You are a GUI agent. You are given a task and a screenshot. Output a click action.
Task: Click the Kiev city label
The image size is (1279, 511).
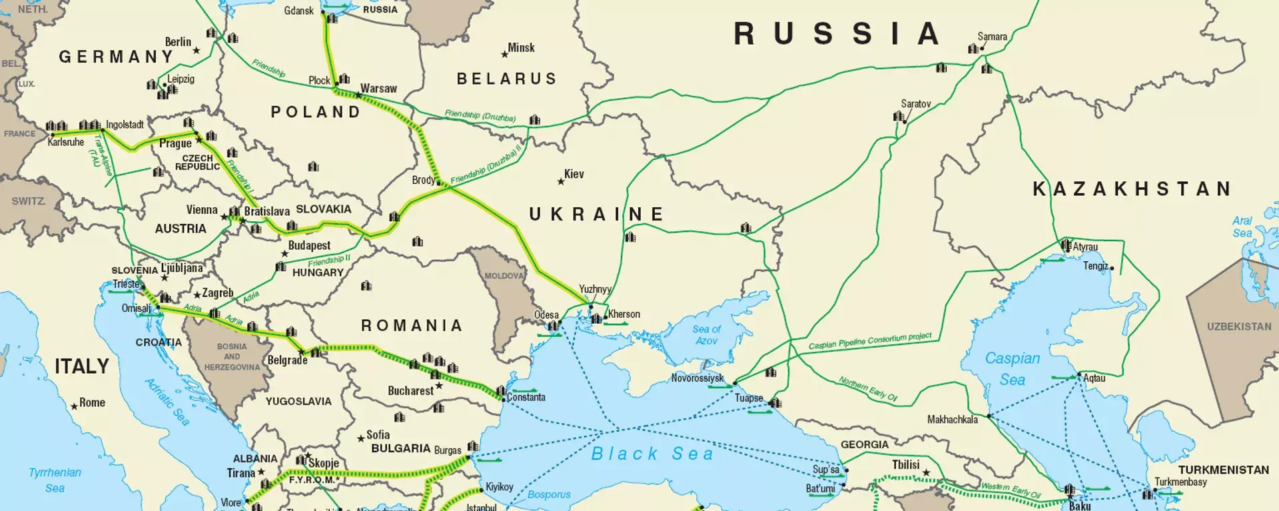coord(574,174)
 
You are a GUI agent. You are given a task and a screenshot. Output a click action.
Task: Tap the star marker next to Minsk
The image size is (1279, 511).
coord(504,54)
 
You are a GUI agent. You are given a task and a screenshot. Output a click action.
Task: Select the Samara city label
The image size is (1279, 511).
coord(992,37)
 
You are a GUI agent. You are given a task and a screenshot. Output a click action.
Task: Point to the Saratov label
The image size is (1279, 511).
coord(915,104)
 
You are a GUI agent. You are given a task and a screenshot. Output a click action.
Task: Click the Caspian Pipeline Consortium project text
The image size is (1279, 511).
coord(870,341)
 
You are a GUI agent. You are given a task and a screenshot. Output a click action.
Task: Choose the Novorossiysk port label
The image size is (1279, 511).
coord(697,378)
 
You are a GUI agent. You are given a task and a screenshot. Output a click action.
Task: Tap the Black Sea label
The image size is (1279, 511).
coord(652,454)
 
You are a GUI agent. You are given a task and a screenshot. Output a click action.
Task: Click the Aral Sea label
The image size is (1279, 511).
coord(1242,227)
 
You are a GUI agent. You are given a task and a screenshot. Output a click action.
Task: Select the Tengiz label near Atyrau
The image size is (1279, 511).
coord(1095,266)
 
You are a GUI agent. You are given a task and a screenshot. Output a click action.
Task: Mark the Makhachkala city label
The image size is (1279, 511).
coord(953,420)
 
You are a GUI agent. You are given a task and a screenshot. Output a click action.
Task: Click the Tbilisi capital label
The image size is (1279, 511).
coord(905,464)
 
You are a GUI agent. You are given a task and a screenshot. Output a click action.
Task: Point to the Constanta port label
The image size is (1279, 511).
coord(526,397)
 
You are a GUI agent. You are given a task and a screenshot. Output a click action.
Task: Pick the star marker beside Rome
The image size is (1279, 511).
coord(74,406)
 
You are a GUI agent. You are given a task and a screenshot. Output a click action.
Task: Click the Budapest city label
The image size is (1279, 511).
coord(309,245)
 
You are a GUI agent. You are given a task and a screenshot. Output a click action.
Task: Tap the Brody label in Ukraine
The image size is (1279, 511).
coord(423,180)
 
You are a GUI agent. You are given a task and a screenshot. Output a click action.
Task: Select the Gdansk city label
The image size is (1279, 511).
coord(298,11)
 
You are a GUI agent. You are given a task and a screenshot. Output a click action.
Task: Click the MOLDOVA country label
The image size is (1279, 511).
coord(504,276)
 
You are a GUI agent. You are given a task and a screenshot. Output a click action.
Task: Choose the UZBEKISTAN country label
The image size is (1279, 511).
coord(1239,326)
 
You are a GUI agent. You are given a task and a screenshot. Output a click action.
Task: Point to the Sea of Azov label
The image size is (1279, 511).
coord(706,334)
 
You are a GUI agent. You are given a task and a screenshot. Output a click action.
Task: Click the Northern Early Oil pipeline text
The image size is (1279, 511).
coord(867,388)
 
